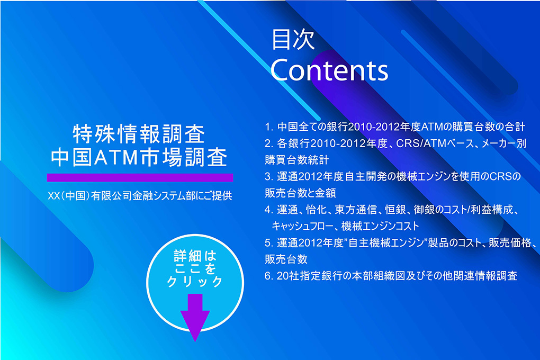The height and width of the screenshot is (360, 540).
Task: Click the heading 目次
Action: (x=293, y=39)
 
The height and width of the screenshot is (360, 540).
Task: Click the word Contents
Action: (x=329, y=70)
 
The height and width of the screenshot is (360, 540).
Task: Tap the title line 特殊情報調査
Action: (x=139, y=134)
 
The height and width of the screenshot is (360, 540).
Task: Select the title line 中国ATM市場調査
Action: (x=139, y=157)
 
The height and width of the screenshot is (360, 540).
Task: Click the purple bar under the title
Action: (x=140, y=177)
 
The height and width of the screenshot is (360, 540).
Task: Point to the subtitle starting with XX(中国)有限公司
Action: (x=140, y=196)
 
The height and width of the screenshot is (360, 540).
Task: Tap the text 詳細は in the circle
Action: (x=195, y=256)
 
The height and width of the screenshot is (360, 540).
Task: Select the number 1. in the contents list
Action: (x=269, y=127)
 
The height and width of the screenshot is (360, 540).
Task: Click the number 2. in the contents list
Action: (x=269, y=143)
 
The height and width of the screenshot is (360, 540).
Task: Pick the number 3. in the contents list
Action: (x=269, y=176)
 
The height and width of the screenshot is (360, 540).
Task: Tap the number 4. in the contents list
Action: (x=269, y=210)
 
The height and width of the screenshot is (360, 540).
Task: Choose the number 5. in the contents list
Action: (x=269, y=243)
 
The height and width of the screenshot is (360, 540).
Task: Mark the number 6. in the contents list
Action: (x=269, y=276)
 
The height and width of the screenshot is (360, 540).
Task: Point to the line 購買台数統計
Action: (x=297, y=160)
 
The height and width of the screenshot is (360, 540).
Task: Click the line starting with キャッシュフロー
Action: (x=345, y=227)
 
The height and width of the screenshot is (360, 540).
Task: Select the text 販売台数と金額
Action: (x=300, y=193)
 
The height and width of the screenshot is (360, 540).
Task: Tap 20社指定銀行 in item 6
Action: (x=310, y=276)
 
